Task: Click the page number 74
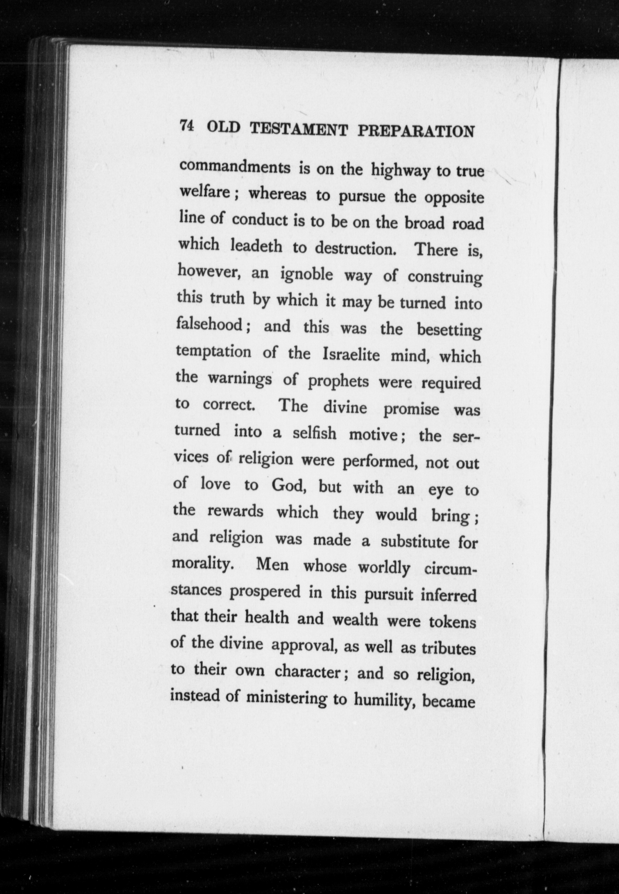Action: click(x=187, y=127)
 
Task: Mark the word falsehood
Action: click(x=209, y=324)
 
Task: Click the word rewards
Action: click(x=235, y=511)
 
